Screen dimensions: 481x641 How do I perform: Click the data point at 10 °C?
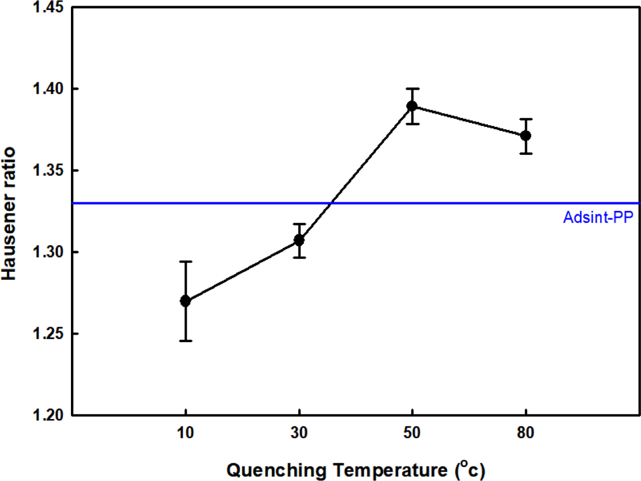[x=185, y=301]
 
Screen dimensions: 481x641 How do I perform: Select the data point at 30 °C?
[x=299, y=240]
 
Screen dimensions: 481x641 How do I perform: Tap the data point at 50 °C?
[x=412, y=106]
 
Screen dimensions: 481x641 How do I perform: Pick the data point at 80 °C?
[x=526, y=136]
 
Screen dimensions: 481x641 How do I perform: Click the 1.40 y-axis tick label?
[x=48, y=89]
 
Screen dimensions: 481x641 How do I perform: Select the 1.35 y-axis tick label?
[x=48, y=171]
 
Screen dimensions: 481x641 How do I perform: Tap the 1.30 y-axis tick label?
[x=48, y=252]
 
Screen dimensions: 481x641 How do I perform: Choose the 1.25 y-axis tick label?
[x=48, y=334]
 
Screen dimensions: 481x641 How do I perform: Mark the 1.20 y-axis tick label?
[x=48, y=415]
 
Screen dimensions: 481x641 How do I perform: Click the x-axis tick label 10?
[x=185, y=434]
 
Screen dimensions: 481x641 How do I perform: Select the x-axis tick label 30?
[x=299, y=434]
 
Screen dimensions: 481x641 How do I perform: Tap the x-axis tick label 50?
[x=412, y=434]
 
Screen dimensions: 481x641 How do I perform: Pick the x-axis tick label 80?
[x=526, y=434]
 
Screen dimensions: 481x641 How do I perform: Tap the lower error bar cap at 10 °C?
[x=185, y=341]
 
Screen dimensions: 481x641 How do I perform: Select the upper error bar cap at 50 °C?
[x=412, y=89]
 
